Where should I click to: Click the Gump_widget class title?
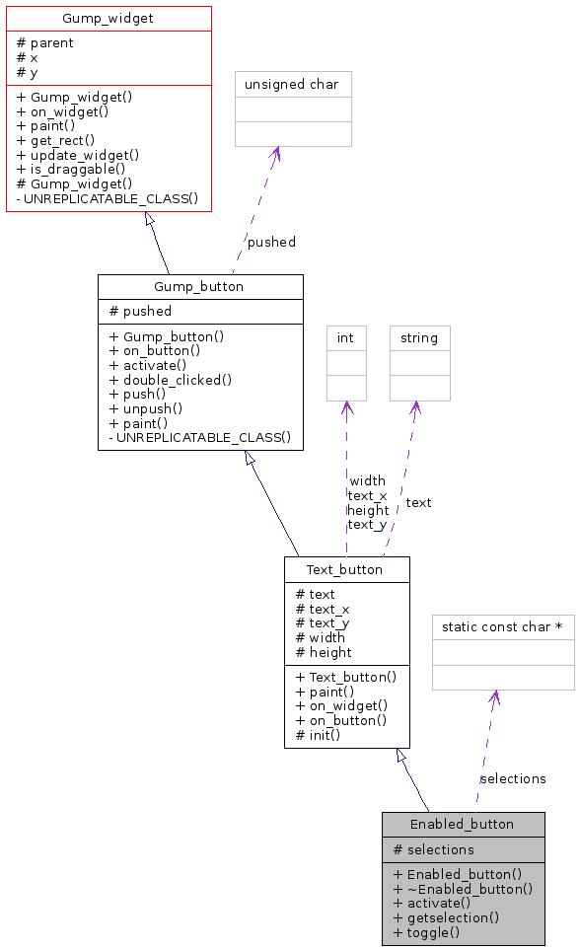click(109, 18)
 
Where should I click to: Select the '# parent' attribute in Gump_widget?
click(45, 43)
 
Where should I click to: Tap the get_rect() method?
click(56, 140)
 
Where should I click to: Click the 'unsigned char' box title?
click(292, 85)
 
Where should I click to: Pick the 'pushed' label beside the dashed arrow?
click(271, 242)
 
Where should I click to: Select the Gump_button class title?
click(199, 287)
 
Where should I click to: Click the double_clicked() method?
click(171, 379)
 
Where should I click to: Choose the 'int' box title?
click(345, 338)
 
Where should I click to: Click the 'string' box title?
click(419, 338)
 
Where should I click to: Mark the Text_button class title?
click(345, 569)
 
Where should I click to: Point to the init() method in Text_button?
click(319, 735)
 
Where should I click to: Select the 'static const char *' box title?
click(502, 626)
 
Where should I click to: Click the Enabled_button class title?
click(463, 825)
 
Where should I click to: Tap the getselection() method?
click(447, 917)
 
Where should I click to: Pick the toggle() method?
click(427, 932)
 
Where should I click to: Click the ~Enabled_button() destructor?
click(463, 889)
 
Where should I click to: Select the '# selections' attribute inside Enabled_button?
click(434, 849)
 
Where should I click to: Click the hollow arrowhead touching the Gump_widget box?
click(150, 220)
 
